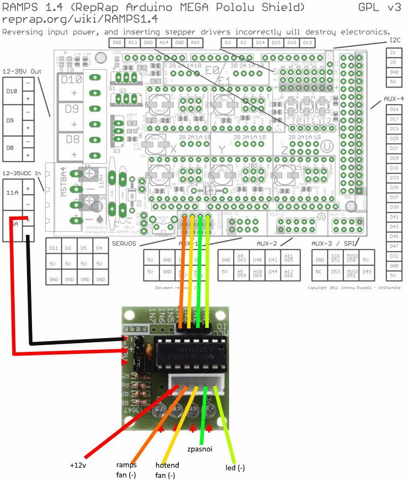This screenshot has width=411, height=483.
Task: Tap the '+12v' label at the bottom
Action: pyautogui.click(x=79, y=465)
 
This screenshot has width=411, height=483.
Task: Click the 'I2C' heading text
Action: pyautogui.click(x=395, y=40)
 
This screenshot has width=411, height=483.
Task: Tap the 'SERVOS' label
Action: pyautogui.click(x=124, y=244)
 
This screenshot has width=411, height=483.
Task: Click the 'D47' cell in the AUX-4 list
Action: pyautogui.click(x=393, y=246)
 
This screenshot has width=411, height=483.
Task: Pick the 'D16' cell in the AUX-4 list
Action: pyautogui.click(x=393, y=109)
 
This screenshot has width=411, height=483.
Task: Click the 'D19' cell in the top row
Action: pyautogui.click(x=307, y=42)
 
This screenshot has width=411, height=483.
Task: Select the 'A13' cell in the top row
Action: pyautogui.click(x=133, y=42)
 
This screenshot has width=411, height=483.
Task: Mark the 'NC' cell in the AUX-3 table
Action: pyautogui.click(x=319, y=271)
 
